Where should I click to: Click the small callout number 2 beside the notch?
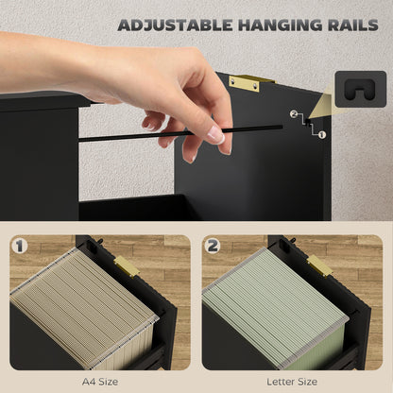294,115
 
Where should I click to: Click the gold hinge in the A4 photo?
127,267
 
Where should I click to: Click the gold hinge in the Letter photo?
319,266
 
